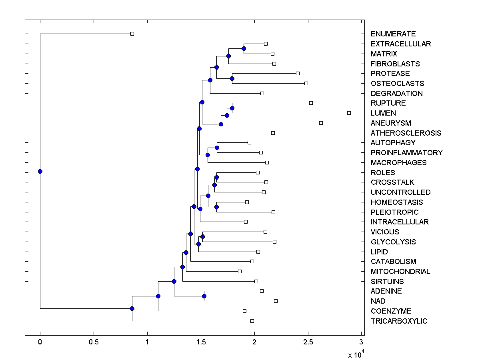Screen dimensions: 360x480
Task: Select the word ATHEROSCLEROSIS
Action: point(406,133)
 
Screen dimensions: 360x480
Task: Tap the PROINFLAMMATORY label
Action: point(407,152)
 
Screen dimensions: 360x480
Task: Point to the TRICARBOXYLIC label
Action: point(399,321)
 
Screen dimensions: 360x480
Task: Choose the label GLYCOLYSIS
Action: point(393,242)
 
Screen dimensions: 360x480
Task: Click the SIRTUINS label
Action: point(387,281)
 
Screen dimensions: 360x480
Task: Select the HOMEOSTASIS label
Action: point(397,202)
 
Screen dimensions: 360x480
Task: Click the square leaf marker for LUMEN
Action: point(349,113)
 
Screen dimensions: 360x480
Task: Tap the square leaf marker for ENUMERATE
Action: point(132,34)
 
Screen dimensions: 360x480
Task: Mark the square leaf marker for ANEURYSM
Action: point(321,123)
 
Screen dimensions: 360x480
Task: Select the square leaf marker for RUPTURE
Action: point(311,103)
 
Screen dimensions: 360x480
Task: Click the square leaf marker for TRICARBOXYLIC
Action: point(252,321)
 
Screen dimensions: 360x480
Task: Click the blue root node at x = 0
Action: point(40,171)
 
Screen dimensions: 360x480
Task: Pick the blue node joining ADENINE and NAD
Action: point(204,296)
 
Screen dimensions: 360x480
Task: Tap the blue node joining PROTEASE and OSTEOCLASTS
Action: point(232,78)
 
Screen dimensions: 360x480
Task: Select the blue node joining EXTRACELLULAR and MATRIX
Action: point(244,48)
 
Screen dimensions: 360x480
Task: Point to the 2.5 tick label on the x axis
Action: point(308,342)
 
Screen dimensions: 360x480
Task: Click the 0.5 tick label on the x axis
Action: point(94,342)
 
